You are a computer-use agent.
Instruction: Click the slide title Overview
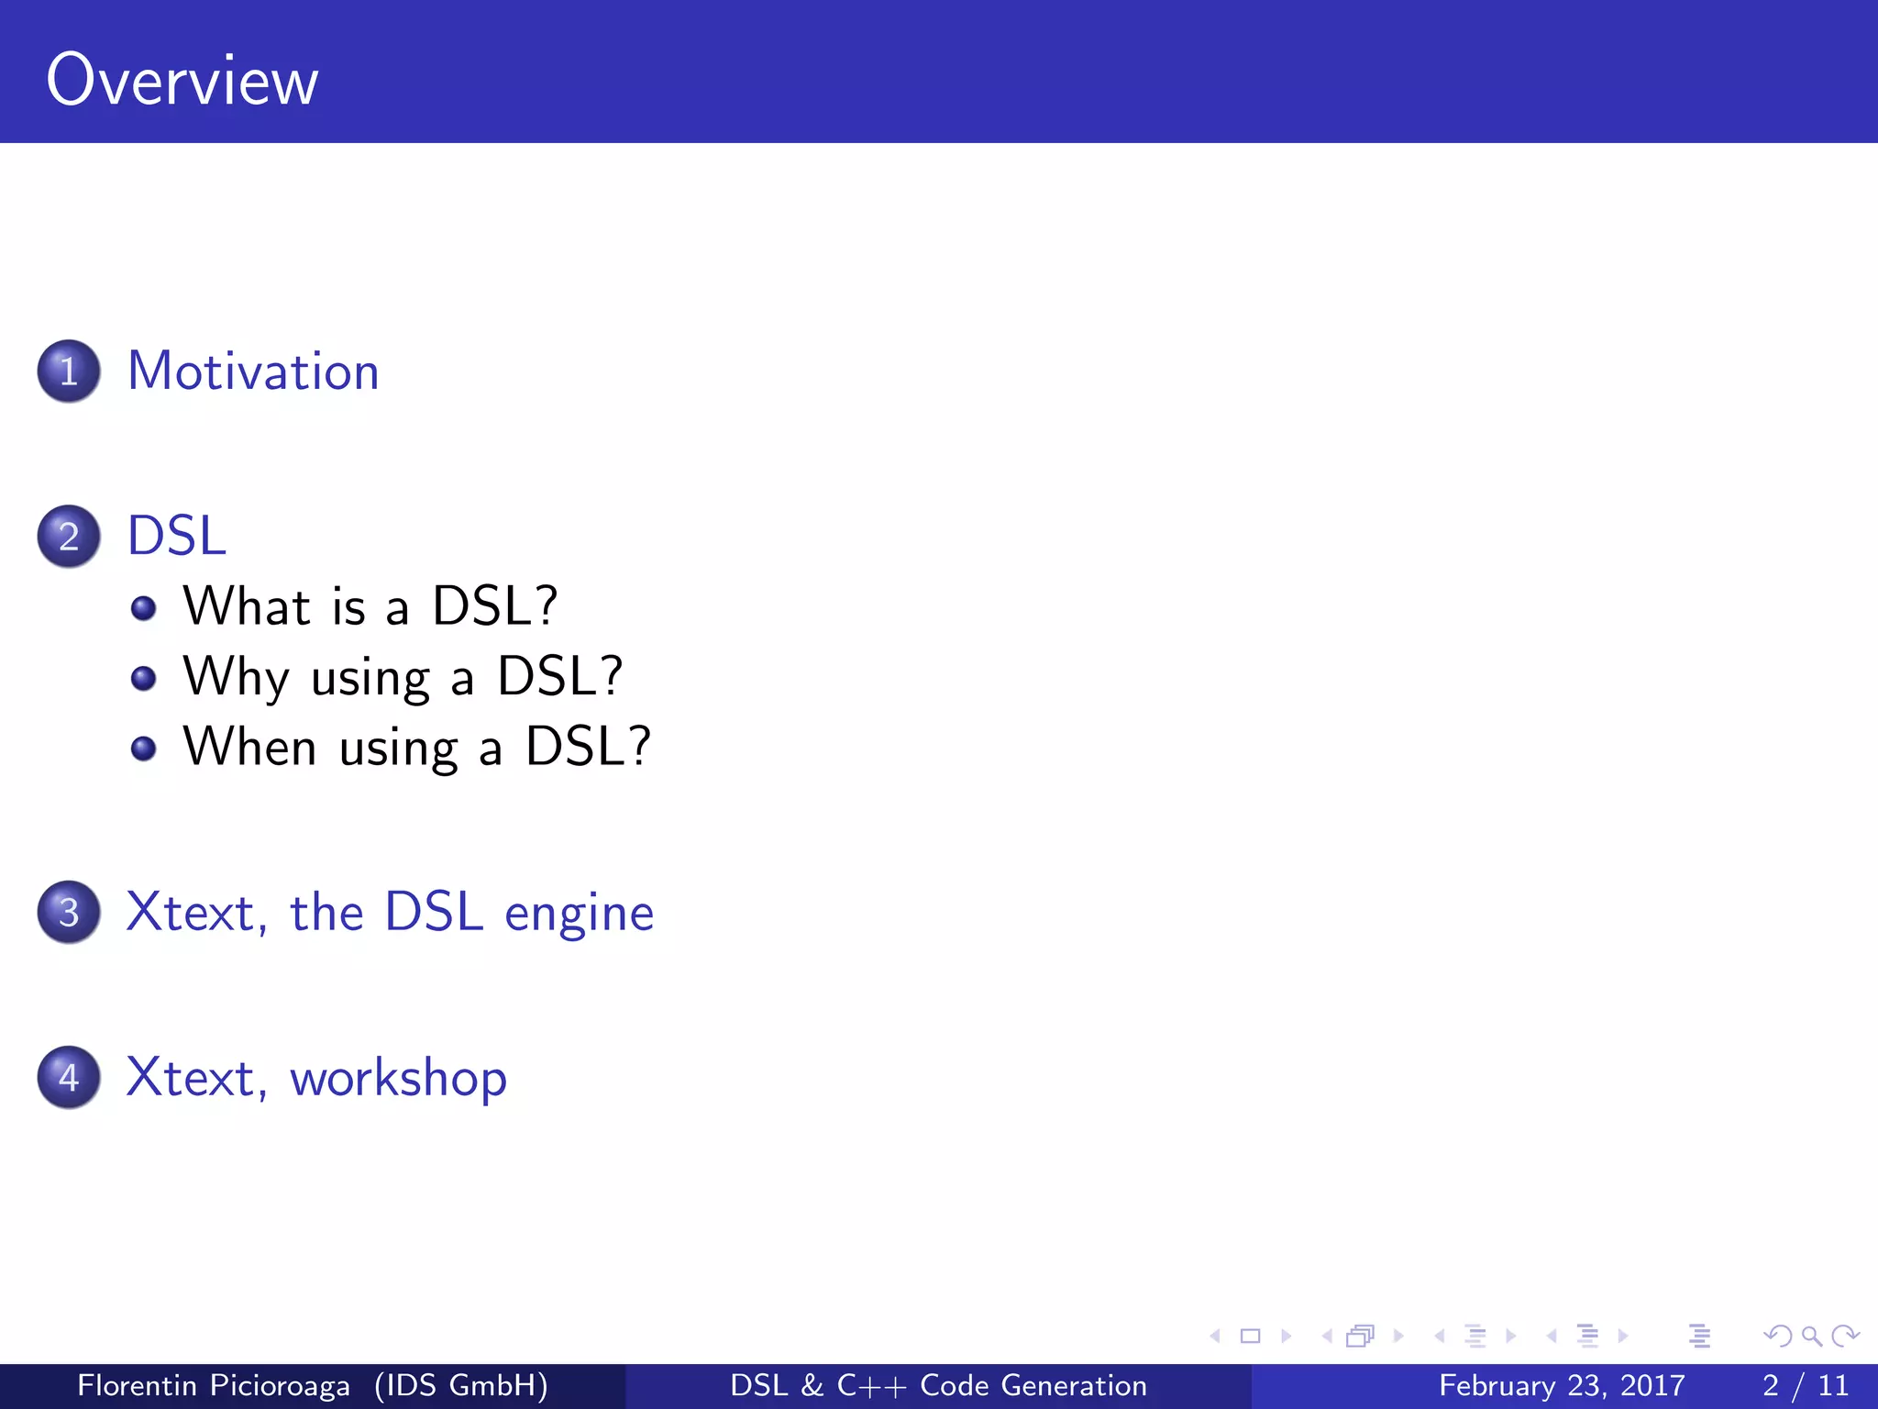[x=182, y=81]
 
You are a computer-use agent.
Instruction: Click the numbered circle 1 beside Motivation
[x=69, y=372]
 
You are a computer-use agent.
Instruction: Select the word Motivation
[x=253, y=372]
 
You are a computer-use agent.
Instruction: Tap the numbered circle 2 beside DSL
[x=69, y=537]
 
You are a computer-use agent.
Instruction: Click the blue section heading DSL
[x=176, y=536]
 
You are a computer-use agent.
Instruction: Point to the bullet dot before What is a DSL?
[x=143, y=608]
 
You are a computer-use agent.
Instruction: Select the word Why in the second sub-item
[x=236, y=678]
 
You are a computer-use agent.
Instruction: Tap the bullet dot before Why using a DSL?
[x=143, y=678]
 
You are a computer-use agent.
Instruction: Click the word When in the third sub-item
[x=249, y=747]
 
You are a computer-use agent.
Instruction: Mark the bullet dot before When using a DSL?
[x=143, y=749]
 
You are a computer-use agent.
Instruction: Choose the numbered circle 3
[x=69, y=912]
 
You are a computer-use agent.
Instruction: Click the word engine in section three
[x=579, y=915]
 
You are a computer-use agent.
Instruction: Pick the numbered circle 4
[x=69, y=1077]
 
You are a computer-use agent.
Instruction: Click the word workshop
[x=398, y=1078]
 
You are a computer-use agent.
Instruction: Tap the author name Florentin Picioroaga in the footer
[x=213, y=1385]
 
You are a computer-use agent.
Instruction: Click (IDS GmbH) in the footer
[x=461, y=1385]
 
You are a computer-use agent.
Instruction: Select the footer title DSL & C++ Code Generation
[x=938, y=1385]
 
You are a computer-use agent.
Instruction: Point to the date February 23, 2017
[x=1561, y=1385]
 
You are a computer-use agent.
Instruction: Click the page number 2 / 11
[x=1805, y=1385]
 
